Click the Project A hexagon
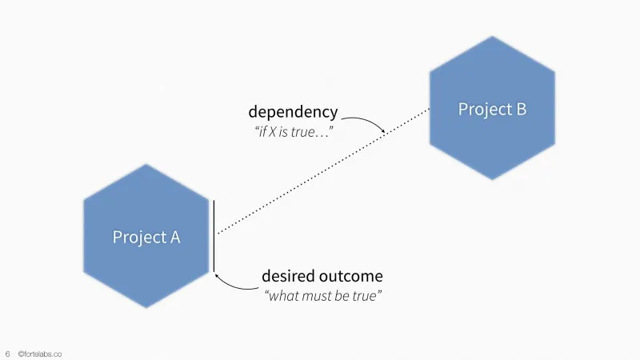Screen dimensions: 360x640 click(x=146, y=264)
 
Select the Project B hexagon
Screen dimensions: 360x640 click(x=492, y=136)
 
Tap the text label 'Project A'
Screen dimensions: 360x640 click(x=146, y=237)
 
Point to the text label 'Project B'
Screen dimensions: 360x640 click(x=492, y=109)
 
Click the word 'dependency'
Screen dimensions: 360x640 click(x=293, y=112)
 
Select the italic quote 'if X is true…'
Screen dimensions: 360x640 click(x=294, y=130)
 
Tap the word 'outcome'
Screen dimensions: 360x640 click(x=354, y=276)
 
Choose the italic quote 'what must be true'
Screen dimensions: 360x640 click(x=323, y=296)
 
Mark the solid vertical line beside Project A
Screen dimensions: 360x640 click(x=214, y=236)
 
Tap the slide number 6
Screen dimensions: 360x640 click(x=7, y=353)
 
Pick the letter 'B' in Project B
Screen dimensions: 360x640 click(x=520, y=109)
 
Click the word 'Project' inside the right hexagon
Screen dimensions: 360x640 click(x=482, y=109)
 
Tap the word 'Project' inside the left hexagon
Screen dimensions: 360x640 click(x=137, y=237)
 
